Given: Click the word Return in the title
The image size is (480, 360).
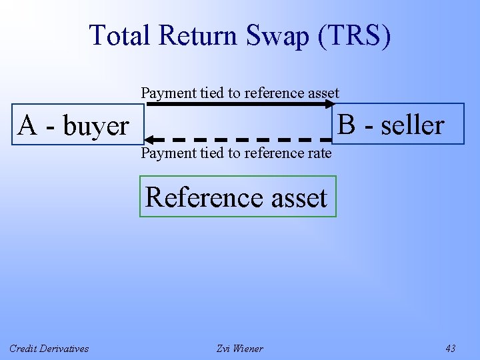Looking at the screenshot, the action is (x=197, y=35).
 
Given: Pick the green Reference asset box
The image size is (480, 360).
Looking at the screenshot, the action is (x=237, y=197).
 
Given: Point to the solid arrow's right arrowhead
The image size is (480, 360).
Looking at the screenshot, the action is (x=336, y=105).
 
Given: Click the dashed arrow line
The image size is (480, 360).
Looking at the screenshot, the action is (x=240, y=139).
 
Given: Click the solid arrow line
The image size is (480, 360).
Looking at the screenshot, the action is (x=240, y=105).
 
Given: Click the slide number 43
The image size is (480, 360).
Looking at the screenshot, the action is (x=450, y=348).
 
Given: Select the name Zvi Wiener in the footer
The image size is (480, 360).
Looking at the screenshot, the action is (x=240, y=348).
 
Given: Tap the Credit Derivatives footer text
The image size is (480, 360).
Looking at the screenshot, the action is (x=49, y=348).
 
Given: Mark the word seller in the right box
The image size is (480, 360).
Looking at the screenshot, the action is (x=412, y=125).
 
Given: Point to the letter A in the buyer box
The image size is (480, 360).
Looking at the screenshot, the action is (x=27, y=125).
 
